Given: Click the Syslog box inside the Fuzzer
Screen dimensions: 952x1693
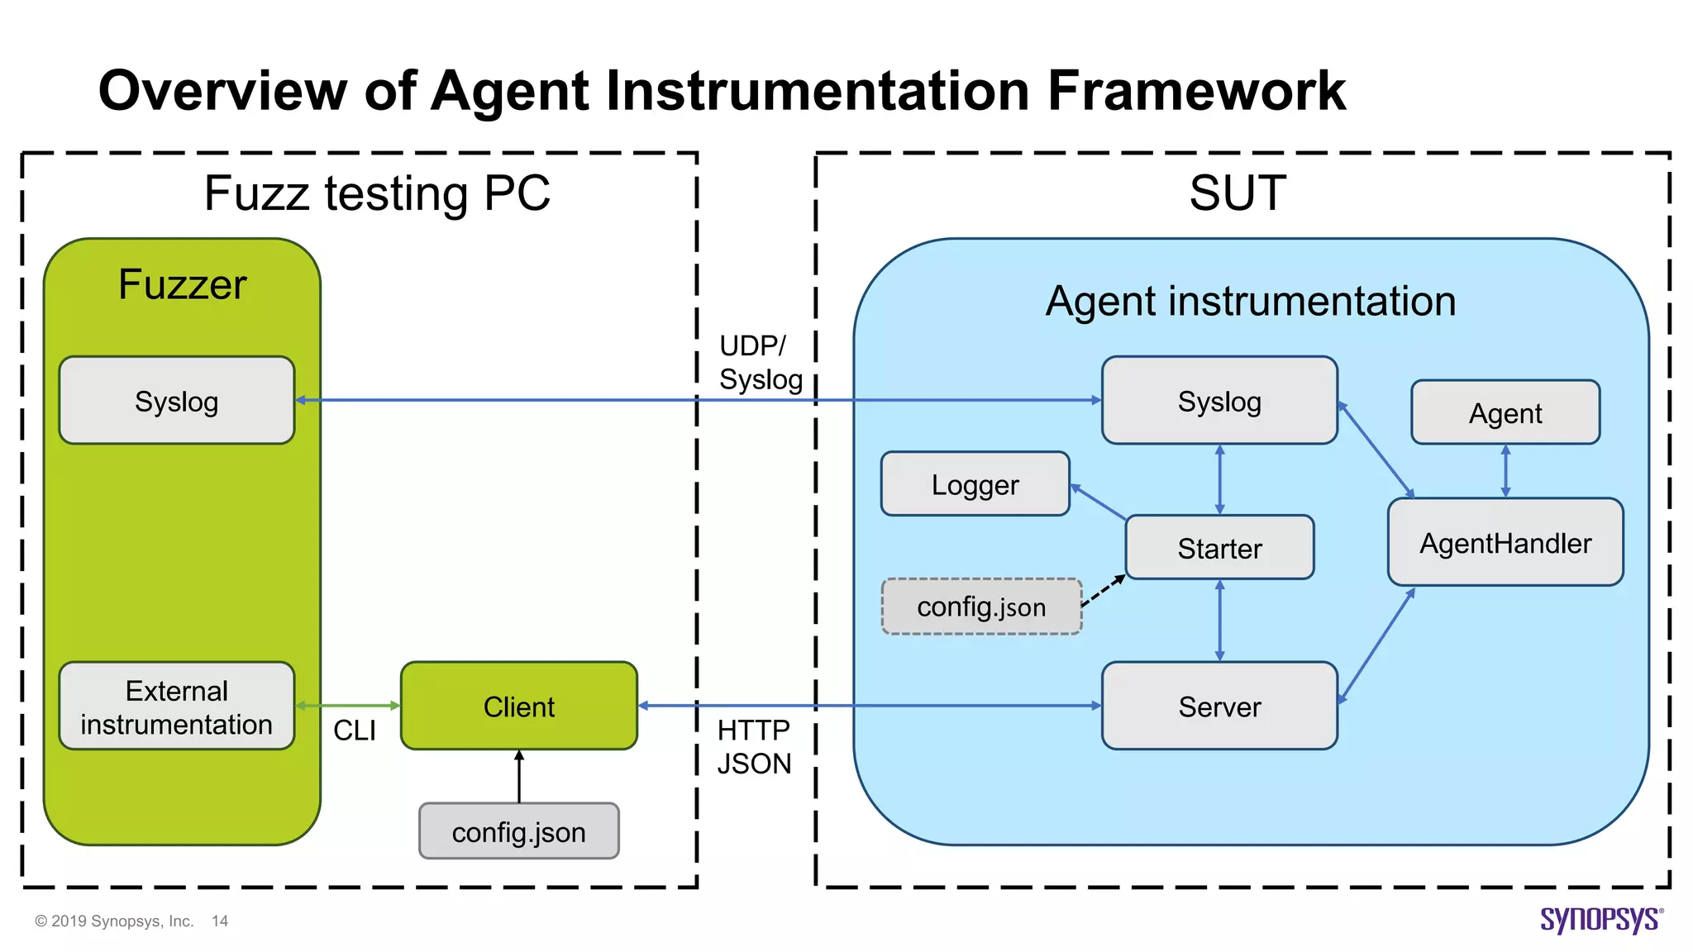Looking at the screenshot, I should pyautogui.click(x=176, y=401).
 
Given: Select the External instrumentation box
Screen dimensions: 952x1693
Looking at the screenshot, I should pyautogui.click(x=176, y=707).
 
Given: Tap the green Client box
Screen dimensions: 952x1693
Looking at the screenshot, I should pyautogui.click(x=518, y=707).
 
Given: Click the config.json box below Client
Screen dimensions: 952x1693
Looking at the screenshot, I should pyautogui.click(x=518, y=831).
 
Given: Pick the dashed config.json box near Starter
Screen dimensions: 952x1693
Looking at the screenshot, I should pyautogui.click(x=981, y=607).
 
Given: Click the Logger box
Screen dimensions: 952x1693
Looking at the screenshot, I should pyautogui.click(x=975, y=484).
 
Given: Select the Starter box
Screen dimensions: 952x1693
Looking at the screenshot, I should pyautogui.click(x=1219, y=548).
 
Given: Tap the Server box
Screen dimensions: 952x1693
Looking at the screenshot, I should pyautogui.click(x=1219, y=707).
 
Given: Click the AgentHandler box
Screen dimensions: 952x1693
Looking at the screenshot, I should pyautogui.click(x=1505, y=543).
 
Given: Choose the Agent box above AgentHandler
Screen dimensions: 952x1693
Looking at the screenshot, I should pyautogui.click(x=1505, y=412).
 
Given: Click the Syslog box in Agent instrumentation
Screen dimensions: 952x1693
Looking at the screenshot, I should pyautogui.click(x=1219, y=401).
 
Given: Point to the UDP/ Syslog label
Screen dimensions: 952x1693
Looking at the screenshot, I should pyautogui.click(x=760, y=362).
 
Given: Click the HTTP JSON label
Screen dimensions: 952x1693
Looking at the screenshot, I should pyautogui.click(x=753, y=746).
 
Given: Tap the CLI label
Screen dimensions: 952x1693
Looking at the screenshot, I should pyautogui.click(x=354, y=731).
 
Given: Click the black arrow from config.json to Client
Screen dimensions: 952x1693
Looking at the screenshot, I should pyautogui.click(x=519, y=777).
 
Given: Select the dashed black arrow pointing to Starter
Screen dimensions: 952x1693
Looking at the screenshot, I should pyautogui.click(x=1104, y=592).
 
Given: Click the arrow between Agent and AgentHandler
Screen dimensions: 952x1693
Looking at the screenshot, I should pyautogui.click(x=1505, y=471).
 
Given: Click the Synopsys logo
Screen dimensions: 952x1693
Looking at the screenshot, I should pyautogui.click(x=1600, y=920).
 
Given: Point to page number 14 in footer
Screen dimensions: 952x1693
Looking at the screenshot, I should pyautogui.click(x=220, y=921).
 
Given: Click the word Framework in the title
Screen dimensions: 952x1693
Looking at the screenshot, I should pyautogui.click(x=1196, y=90).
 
